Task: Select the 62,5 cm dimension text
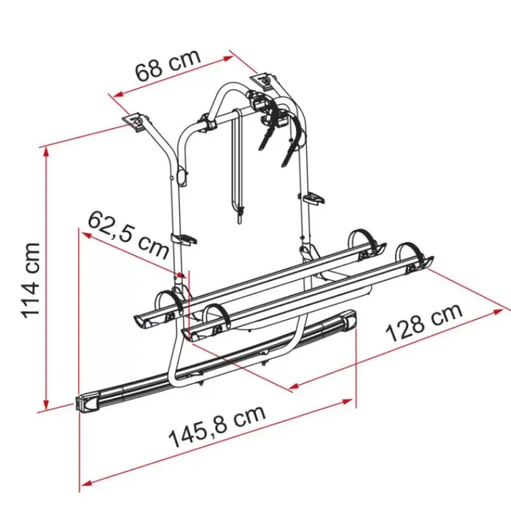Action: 129,233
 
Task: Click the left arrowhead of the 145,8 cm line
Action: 86,482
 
